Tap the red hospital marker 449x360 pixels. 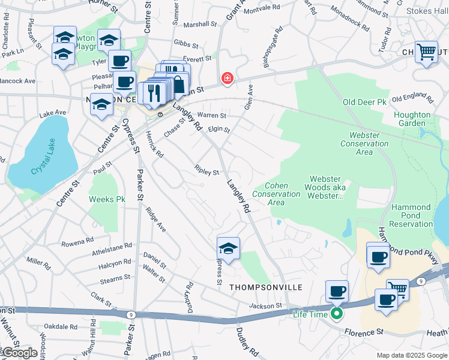click(227, 77)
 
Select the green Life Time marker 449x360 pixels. click(337, 314)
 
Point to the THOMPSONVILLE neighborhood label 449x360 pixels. click(256, 288)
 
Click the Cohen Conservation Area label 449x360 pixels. click(276, 194)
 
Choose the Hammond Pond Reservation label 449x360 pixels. click(411, 215)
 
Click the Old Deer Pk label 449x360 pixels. click(364, 103)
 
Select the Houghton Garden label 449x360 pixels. click(412, 119)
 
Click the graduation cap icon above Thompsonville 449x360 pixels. click(228, 247)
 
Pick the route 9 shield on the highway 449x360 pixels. click(130, 314)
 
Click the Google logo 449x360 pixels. click(19, 353)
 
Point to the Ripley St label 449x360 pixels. click(206, 172)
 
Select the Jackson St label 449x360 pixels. click(265, 306)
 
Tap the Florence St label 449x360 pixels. click(364, 331)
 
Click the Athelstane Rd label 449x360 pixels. click(112, 250)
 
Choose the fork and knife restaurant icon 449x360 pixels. click(152, 92)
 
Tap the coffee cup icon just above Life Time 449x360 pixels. click(337, 291)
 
